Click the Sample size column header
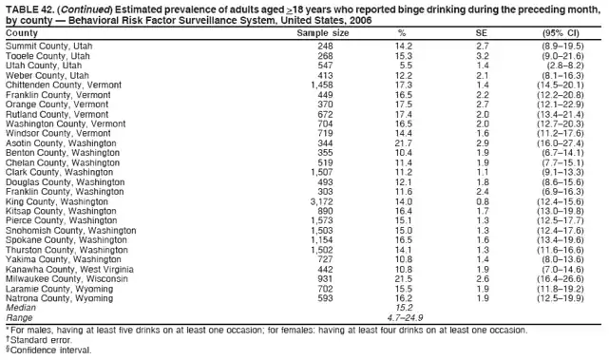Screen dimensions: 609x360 [323, 32]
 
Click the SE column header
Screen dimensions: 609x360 [481, 32]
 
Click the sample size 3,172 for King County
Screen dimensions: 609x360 [321, 201]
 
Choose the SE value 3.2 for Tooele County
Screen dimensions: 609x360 [481, 55]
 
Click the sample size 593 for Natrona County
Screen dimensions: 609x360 [325, 298]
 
